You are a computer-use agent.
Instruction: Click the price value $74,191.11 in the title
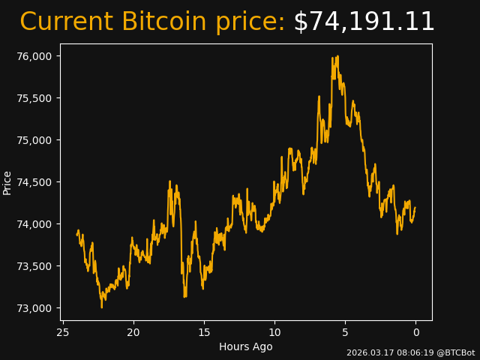click(364, 22)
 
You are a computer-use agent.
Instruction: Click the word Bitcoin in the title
click(166, 22)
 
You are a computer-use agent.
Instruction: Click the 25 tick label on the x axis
click(63, 332)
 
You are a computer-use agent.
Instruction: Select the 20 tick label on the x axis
click(133, 332)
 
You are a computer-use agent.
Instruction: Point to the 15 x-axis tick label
click(204, 332)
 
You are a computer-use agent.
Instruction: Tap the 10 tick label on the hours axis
click(274, 332)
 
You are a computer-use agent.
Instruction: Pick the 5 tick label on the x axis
click(345, 332)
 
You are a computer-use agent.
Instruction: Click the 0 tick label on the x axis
click(415, 332)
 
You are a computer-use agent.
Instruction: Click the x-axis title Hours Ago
click(246, 346)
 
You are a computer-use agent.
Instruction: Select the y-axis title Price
click(7, 182)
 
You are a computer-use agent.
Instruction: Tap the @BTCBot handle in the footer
click(455, 352)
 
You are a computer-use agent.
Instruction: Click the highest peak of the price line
click(338, 56)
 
